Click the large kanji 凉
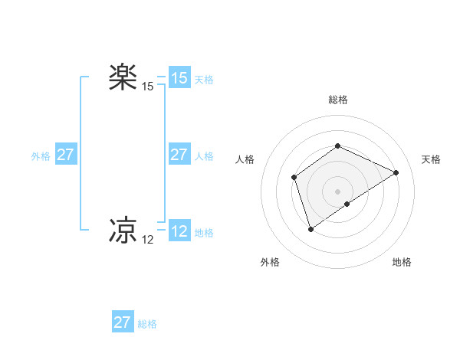123,231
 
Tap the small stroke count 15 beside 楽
147,87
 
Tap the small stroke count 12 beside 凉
147,240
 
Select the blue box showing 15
179,78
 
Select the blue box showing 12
179,231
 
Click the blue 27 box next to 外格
65,155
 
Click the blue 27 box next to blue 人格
179,155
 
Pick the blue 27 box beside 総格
123,322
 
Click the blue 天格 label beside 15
204,80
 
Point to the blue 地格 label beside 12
204,233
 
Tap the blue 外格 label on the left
41,156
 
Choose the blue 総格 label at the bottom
147,324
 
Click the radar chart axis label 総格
337,100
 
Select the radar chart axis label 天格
432,159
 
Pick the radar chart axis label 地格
402,262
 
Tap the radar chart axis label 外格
270,262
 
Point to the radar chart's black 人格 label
245,159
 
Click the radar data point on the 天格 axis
396,172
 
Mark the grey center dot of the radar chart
337,191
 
